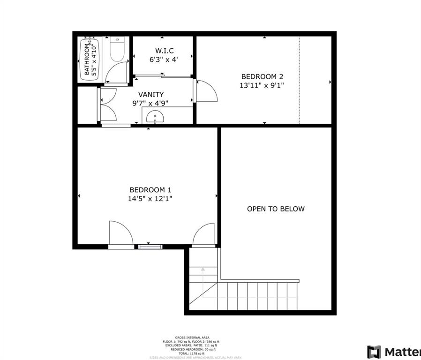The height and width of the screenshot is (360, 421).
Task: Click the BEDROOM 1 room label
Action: tap(150, 190)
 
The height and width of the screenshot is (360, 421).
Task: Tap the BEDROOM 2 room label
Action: tap(262, 77)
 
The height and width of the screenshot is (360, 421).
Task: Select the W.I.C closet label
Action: tap(163, 51)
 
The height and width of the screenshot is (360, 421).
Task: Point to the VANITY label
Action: tap(151, 95)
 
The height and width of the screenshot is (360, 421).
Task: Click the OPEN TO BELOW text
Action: tap(276, 209)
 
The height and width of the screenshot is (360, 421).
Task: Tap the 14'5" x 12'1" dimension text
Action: tap(150, 199)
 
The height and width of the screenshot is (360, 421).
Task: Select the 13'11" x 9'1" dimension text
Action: tap(262, 86)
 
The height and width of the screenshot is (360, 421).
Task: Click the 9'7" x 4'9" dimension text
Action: tap(151, 104)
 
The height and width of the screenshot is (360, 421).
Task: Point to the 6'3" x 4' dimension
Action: tap(163, 60)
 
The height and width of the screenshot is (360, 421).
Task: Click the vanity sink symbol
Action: tap(154, 117)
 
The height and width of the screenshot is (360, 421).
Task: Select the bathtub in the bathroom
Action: tap(88, 58)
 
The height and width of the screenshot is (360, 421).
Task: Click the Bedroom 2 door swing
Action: tap(207, 91)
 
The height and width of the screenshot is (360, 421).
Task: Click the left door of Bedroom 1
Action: tap(121, 233)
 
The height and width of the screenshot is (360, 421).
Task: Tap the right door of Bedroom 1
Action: tap(204, 234)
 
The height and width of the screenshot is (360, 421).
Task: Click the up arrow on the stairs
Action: tap(203, 270)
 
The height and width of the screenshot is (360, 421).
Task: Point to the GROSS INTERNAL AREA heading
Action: tap(192, 337)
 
